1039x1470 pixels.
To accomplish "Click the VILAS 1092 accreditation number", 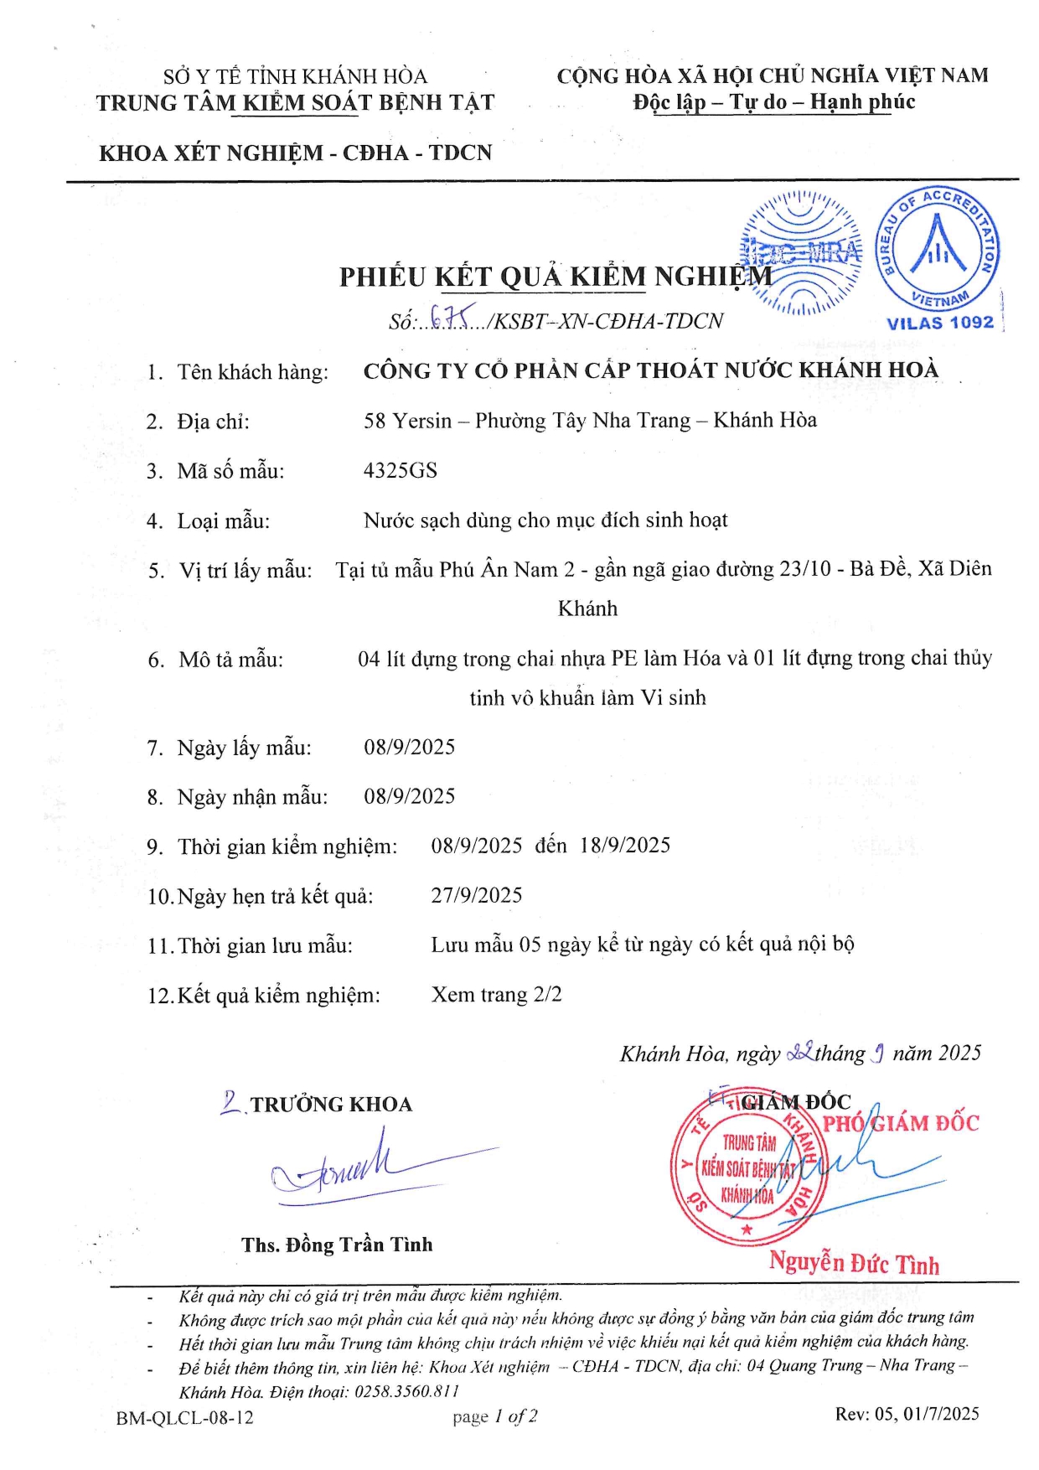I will coord(939,323).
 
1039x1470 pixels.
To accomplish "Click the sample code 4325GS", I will coord(400,470).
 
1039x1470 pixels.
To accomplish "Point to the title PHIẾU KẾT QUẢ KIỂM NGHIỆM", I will coord(555,277).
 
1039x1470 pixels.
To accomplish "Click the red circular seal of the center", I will coord(746,1168).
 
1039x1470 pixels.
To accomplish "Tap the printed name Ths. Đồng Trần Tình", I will coord(337,1245).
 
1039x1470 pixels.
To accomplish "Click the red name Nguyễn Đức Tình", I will coord(854,1263).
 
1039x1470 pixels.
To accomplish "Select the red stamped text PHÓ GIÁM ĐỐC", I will coord(900,1123).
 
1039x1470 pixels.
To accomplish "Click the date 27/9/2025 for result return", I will coord(476,895).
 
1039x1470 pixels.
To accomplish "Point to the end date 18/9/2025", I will coord(625,845).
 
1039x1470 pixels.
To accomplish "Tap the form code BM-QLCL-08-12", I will coord(184,1417).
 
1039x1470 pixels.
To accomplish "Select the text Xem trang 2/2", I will coord(496,995).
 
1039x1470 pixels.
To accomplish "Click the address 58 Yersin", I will coord(407,421).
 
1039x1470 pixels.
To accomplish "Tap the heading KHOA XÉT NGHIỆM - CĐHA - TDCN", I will coord(295,153).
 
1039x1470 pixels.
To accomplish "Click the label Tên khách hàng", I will coord(252,372).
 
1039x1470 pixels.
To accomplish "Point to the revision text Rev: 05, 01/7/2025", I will coord(907,1414).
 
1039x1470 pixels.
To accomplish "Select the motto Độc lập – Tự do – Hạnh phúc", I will coord(773,102).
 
